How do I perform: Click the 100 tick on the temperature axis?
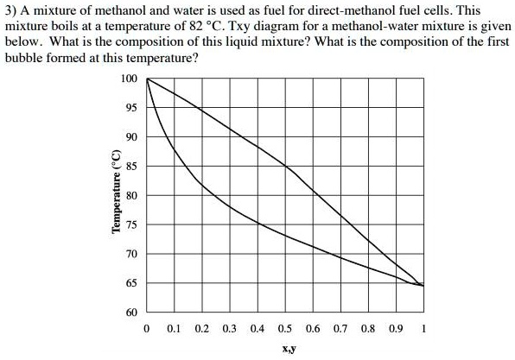click(x=130, y=79)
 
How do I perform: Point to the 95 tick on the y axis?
click(x=130, y=109)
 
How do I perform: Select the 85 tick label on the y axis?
click(x=130, y=167)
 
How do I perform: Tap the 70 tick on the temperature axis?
click(x=130, y=254)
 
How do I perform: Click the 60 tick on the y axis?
click(x=130, y=312)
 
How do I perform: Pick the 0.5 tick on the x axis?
click(x=284, y=329)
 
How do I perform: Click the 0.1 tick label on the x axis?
click(x=174, y=329)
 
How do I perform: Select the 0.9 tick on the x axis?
click(x=395, y=329)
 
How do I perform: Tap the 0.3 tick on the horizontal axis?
click(x=229, y=329)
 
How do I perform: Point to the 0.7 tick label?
click(x=340, y=329)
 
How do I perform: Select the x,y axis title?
click(x=284, y=350)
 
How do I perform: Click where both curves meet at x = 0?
click(x=146, y=79)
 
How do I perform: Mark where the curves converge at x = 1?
click(x=423, y=285)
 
